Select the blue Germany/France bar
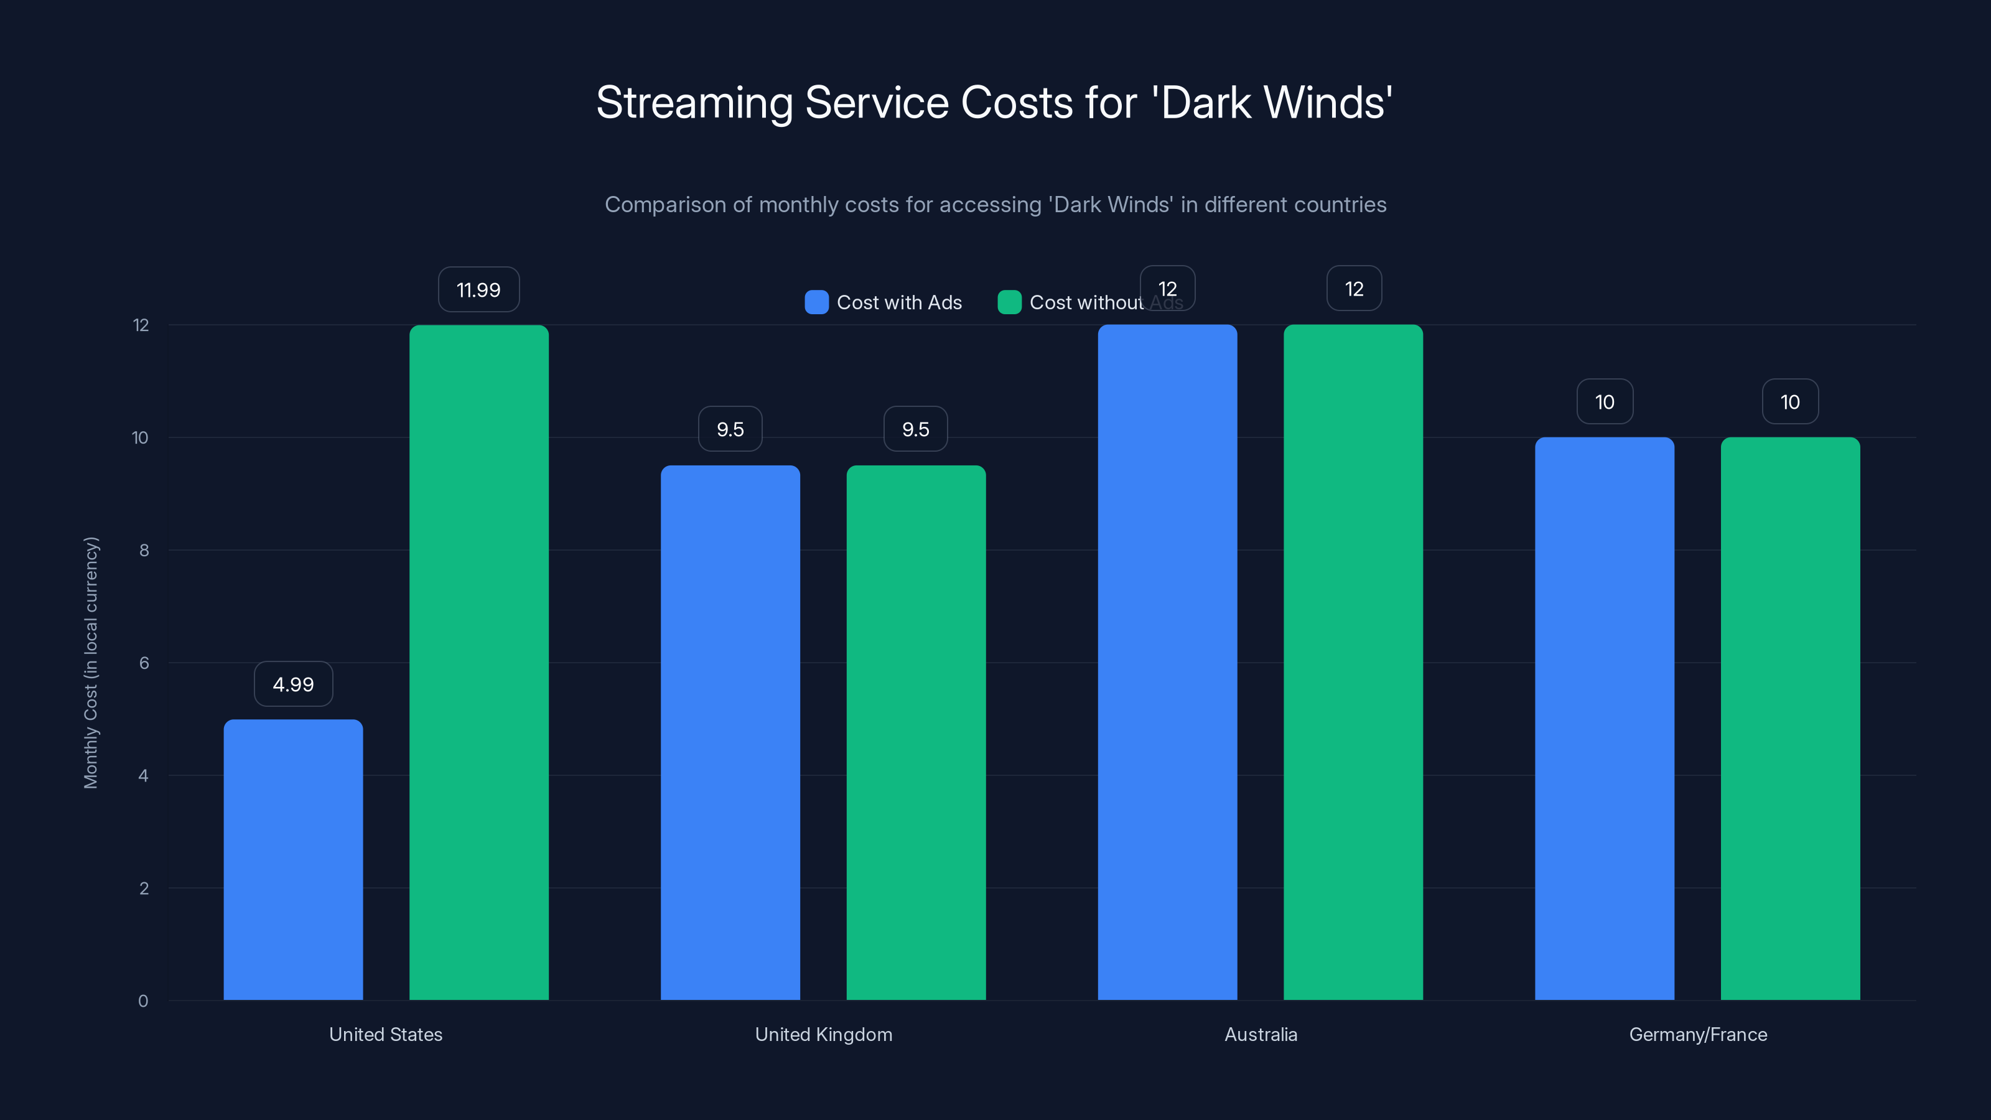[x=1605, y=719]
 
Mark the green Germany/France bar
[x=1790, y=719]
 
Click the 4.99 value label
[x=293, y=684]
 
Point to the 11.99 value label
[x=478, y=290]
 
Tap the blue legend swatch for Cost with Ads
[x=816, y=302]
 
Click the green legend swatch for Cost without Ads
[x=1009, y=302]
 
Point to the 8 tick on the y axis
[x=144, y=550]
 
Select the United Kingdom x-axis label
[x=823, y=1034]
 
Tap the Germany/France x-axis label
[x=1698, y=1034]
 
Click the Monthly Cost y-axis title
[x=91, y=663]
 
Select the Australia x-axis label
[x=1261, y=1034]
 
